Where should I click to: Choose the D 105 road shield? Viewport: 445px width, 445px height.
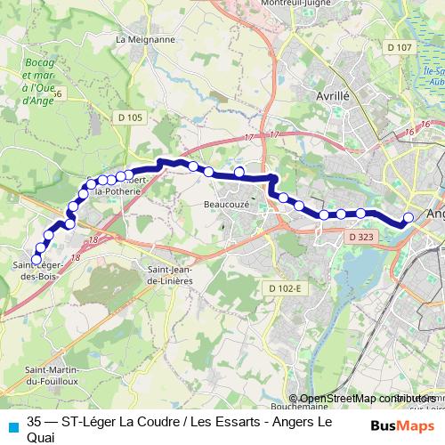(129, 117)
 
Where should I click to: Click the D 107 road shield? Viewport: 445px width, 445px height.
(401, 47)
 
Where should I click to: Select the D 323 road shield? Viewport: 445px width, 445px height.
(360, 238)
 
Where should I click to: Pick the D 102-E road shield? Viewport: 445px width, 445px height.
(285, 287)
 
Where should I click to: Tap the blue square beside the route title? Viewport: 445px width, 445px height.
(12, 426)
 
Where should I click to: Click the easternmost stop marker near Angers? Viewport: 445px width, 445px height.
(409, 218)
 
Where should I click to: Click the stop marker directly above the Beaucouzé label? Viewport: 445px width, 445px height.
(239, 171)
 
